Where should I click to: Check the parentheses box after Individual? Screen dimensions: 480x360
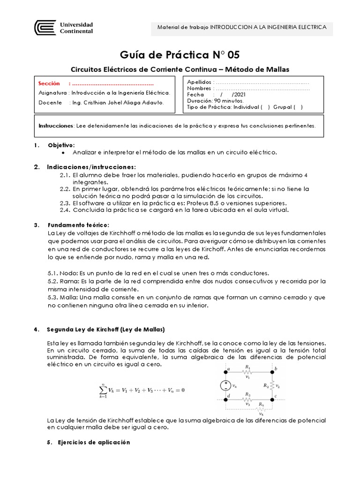click(x=265, y=107)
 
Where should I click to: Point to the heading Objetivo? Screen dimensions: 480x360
click(x=60, y=145)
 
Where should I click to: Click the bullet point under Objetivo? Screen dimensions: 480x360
click(x=63, y=152)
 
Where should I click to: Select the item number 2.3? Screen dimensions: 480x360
click(x=65, y=203)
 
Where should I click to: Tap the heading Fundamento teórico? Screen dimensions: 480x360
click(x=77, y=225)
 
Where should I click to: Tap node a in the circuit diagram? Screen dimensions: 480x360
click(x=228, y=369)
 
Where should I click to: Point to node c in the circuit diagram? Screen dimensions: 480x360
click(x=276, y=397)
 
